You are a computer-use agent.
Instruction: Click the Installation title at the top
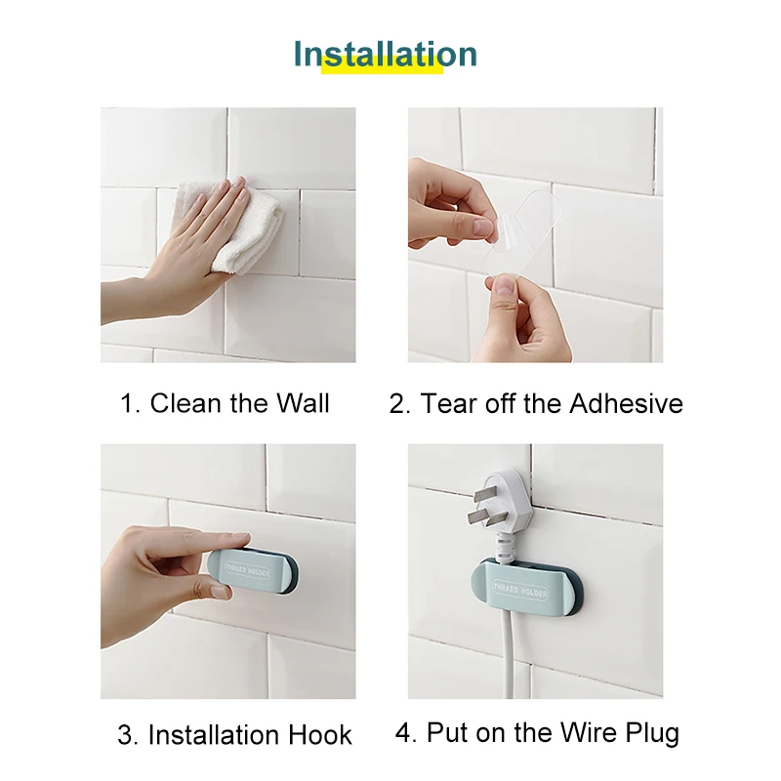point(385,54)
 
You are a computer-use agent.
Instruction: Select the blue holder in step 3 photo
point(253,571)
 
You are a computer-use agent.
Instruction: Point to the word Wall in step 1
point(303,403)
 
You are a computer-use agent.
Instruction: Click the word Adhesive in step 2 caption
point(626,403)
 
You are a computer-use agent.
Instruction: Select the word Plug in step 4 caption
point(652,734)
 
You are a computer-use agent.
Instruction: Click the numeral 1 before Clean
point(129,403)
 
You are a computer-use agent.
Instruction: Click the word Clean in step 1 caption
point(185,403)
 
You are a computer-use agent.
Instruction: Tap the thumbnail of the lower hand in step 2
point(505,286)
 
